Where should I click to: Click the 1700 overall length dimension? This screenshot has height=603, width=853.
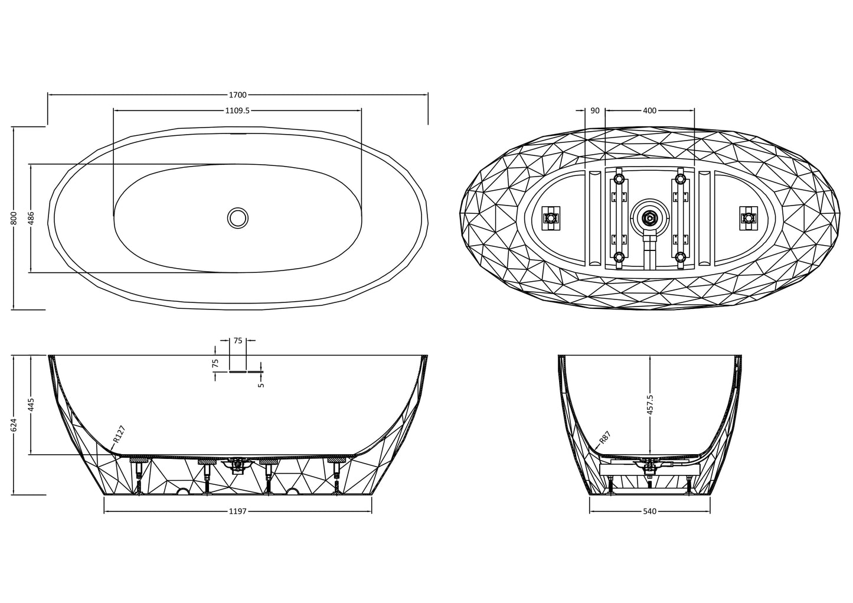coord(238,95)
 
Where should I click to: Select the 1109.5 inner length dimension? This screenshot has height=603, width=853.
coord(237,111)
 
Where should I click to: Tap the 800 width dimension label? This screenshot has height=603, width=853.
coord(14,218)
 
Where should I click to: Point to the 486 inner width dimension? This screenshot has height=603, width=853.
coord(32,218)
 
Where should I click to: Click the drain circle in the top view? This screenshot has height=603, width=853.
coord(238,219)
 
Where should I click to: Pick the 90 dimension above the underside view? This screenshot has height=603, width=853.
coord(595,111)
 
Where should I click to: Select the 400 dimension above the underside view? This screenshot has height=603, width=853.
coord(650,111)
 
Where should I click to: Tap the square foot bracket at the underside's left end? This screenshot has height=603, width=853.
coord(551,219)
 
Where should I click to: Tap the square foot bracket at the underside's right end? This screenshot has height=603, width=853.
coord(749,219)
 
